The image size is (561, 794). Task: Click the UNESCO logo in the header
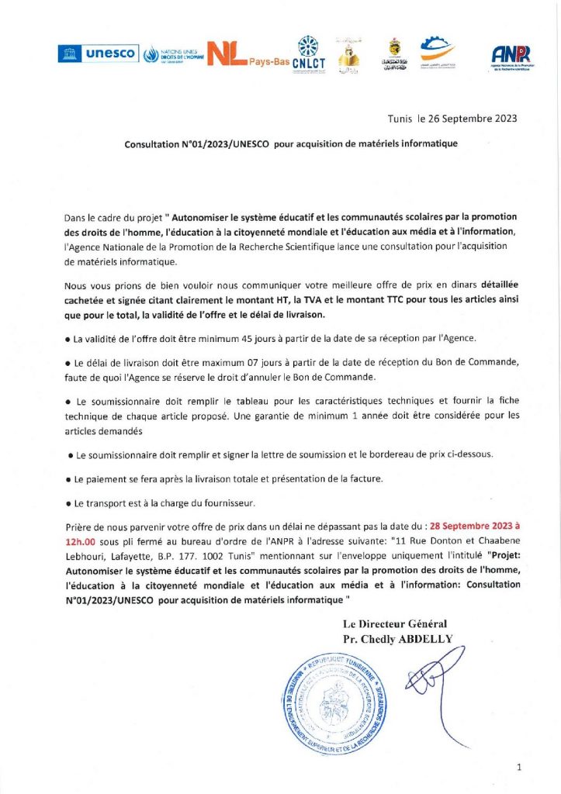97,54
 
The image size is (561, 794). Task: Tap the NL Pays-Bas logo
238,52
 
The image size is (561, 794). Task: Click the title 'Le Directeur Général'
395,624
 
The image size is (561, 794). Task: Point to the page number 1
518,768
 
